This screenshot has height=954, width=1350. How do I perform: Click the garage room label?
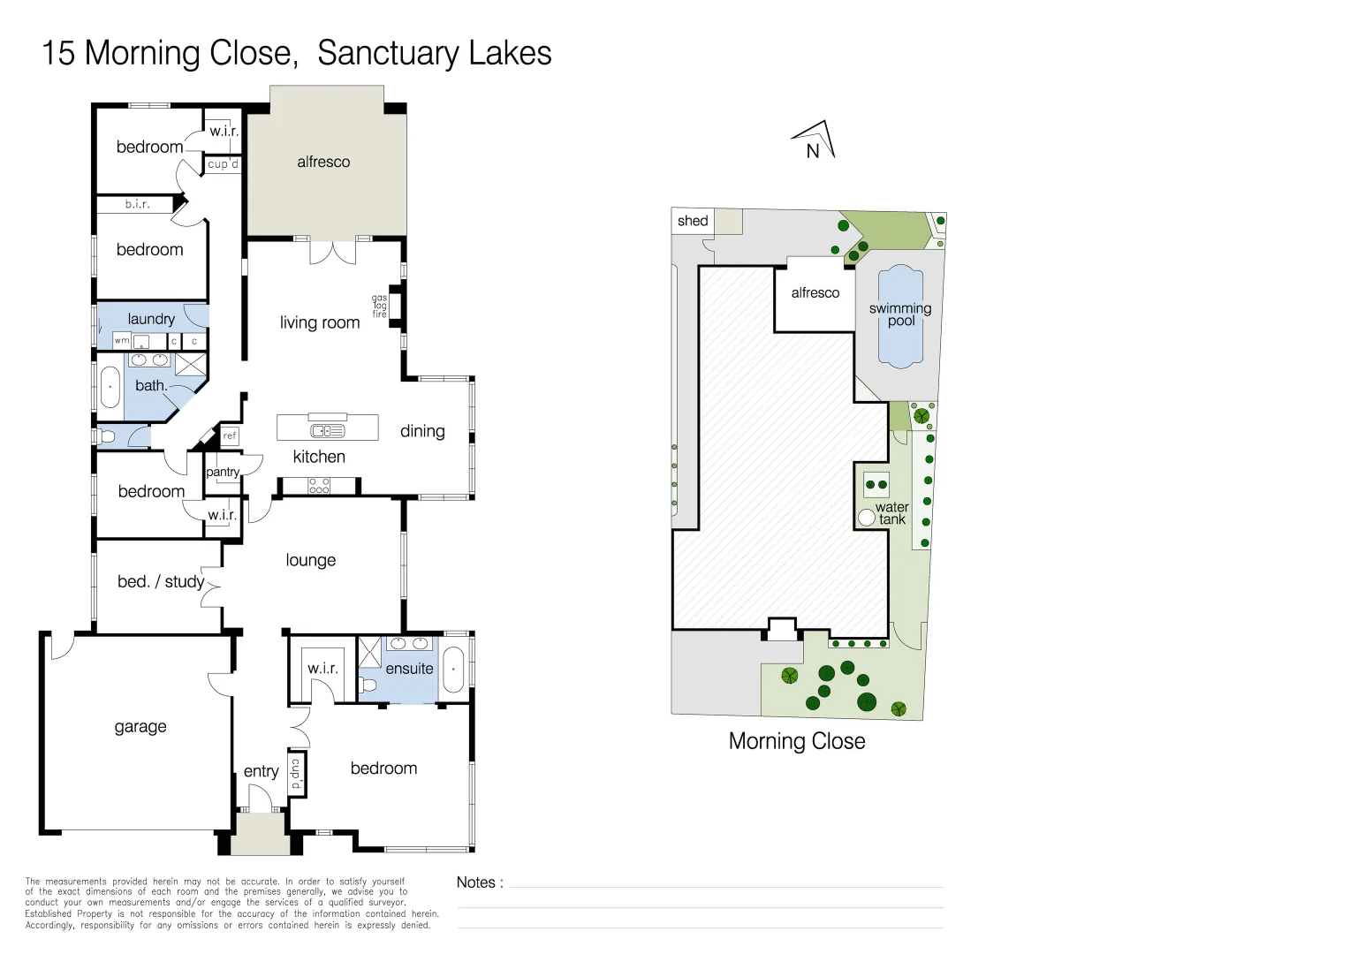(140, 727)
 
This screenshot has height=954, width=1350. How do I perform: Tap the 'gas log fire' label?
(379, 307)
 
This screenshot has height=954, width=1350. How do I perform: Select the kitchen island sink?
(327, 431)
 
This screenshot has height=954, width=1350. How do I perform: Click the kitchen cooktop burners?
(319, 486)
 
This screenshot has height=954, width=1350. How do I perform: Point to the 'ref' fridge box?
(230, 435)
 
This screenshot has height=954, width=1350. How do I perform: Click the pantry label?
(223, 472)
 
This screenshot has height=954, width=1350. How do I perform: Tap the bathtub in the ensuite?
(454, 670)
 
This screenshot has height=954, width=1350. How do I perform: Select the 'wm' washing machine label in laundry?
(122, 340)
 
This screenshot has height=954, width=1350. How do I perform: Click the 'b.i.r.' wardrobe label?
(137, 204)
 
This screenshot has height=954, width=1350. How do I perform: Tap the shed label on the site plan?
(693, 221)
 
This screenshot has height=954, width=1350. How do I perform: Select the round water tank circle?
(867, 517)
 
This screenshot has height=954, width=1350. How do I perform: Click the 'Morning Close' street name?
(797, 741)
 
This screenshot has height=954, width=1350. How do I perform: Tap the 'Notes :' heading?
(480, 882)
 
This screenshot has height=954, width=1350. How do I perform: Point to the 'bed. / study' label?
(161, 581)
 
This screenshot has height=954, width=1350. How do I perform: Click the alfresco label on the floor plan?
(323, 162)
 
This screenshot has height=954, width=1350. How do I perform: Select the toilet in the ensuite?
(368, 685)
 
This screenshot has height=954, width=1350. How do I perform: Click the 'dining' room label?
(422, 431)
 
